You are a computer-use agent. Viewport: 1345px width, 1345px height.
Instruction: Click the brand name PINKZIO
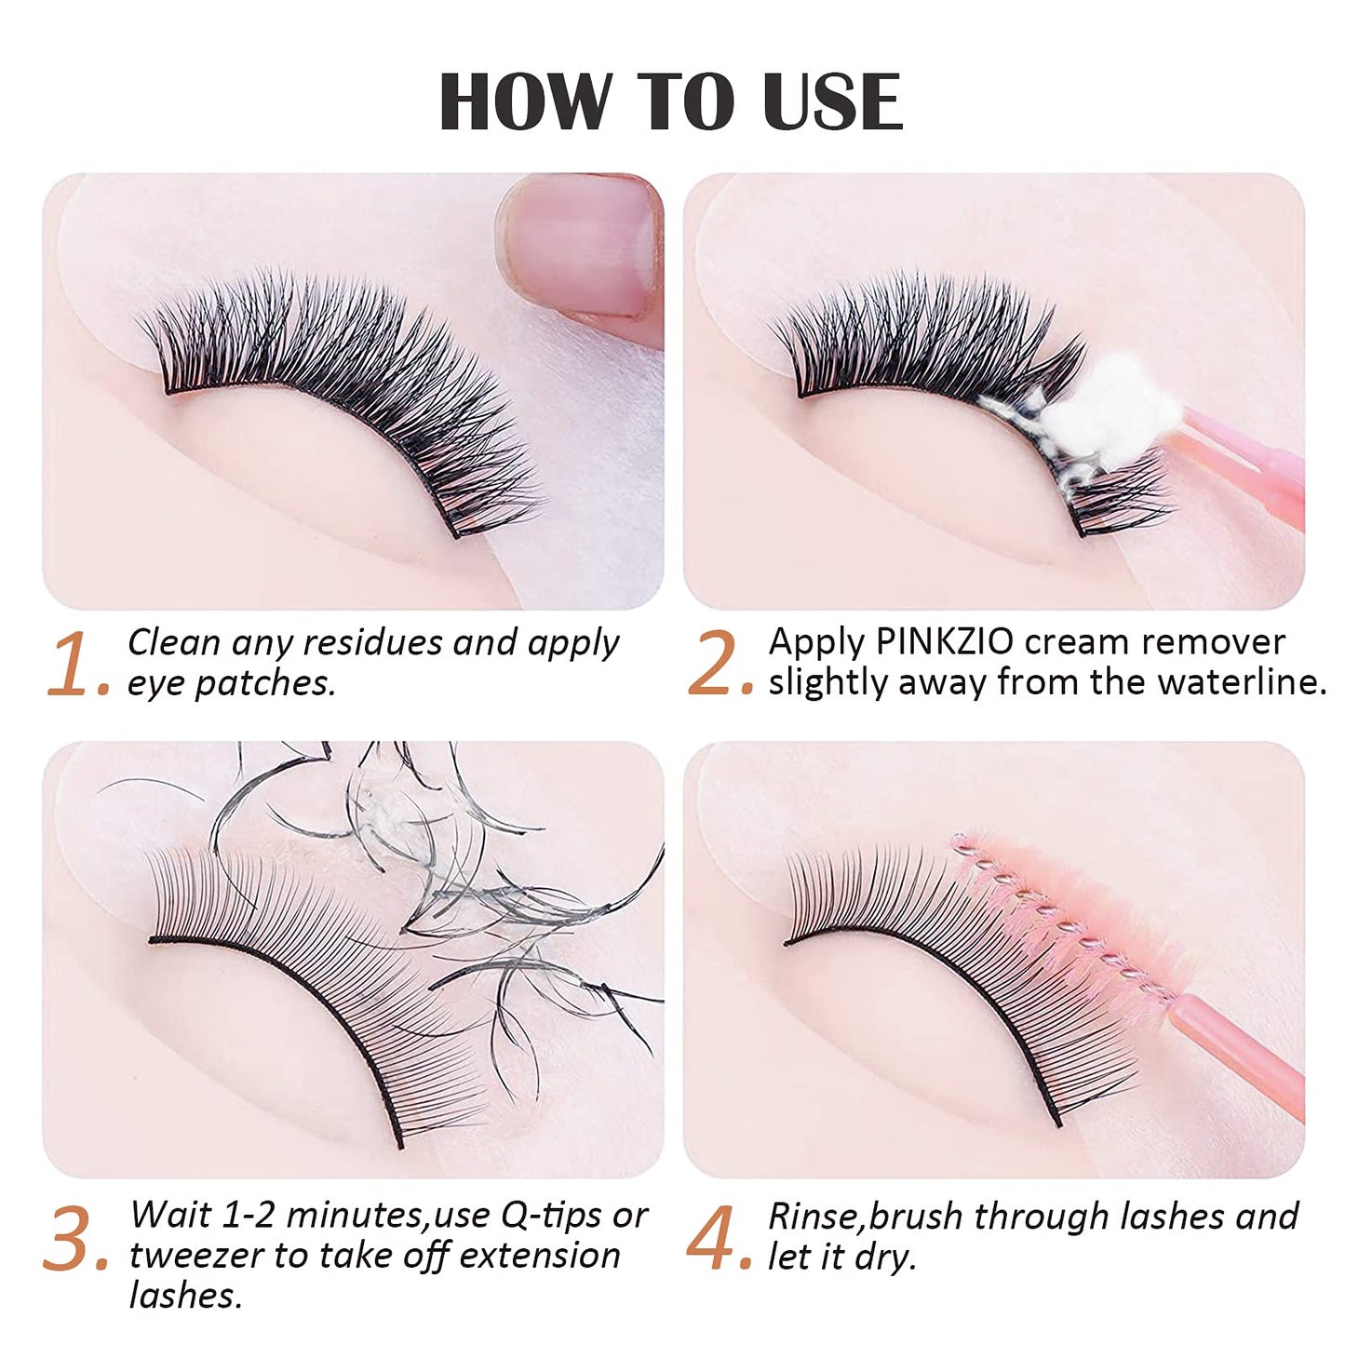tap(946, 642)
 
